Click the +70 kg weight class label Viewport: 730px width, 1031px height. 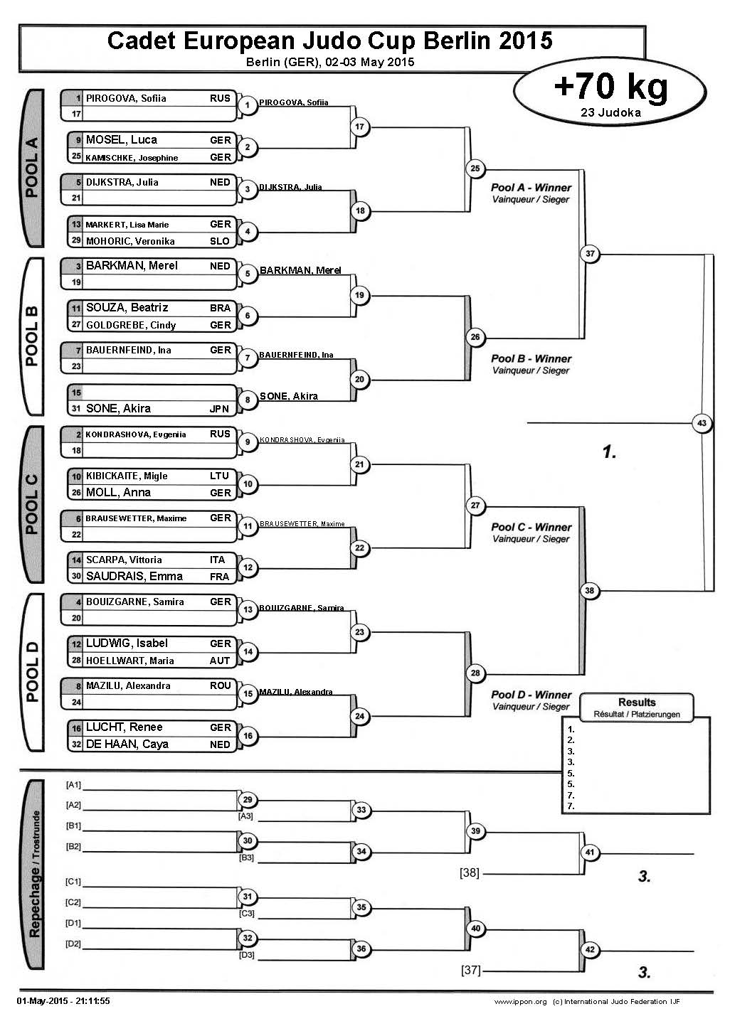(x=610, y=87)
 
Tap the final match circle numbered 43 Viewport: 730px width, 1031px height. (x=702, y=423)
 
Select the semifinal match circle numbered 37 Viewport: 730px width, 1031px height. (x=590, y=254)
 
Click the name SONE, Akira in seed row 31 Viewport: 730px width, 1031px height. (x=118, y=409)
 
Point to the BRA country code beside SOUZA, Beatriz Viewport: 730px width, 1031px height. (x=221, y=308)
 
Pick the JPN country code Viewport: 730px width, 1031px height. (x=220, y=409)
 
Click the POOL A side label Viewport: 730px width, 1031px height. (x=32, y=168)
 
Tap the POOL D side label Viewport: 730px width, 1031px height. (x=32, y=671)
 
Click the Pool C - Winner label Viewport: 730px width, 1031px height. (x=531, y=528)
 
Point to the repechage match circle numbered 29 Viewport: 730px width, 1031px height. (x=248, y=800)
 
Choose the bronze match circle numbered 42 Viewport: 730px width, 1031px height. (x=590, y=949)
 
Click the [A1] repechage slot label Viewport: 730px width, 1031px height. (x=73, y=785)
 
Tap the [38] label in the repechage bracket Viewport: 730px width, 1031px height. (x=470, y=872)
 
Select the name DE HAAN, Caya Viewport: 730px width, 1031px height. (x=127, y=744)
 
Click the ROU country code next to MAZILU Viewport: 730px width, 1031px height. (x=220, y=685)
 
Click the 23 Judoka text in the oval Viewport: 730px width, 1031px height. (x=610, y=112)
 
